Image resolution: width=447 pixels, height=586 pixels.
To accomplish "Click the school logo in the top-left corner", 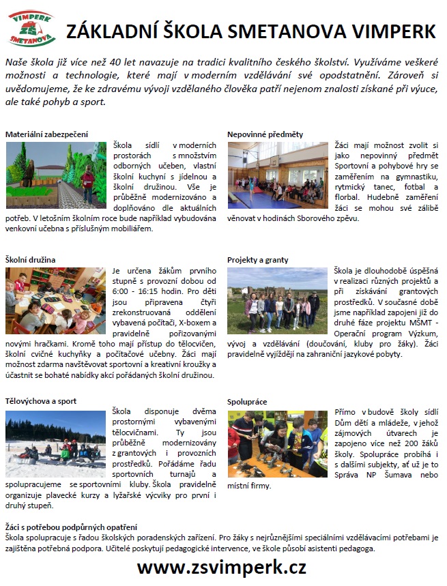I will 29,29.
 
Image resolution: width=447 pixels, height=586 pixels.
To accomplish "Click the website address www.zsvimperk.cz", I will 222,567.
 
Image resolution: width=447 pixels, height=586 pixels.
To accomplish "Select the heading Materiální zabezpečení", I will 46,134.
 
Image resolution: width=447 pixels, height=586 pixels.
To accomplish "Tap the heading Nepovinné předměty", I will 265,134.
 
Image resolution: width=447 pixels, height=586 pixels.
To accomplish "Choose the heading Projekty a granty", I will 258,260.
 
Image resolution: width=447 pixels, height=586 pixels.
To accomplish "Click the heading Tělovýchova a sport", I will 41,401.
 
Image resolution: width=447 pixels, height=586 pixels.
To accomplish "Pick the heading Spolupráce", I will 248,401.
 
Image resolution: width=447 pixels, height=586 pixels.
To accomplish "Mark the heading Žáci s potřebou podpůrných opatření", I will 71,527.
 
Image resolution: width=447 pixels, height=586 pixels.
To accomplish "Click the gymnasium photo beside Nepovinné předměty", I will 278,175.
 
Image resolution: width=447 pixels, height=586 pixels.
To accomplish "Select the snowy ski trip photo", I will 55,437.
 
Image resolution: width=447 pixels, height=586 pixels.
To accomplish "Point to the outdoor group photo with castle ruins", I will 278,300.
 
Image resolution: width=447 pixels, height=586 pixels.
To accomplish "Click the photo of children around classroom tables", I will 55,300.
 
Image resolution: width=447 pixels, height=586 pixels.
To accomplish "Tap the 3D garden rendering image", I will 55,175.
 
